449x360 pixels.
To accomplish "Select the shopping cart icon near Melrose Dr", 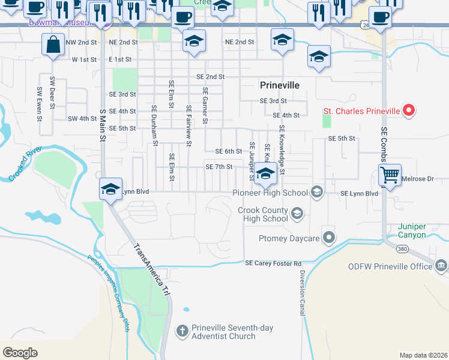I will click(x=390, y=175).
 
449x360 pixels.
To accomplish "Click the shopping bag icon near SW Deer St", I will click(x=53, y=44).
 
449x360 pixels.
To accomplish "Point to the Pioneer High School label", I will click(x=270, y=193).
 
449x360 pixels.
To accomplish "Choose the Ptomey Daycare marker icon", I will click(x=328, y=238).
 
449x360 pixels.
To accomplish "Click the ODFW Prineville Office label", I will click(x=390, y=266).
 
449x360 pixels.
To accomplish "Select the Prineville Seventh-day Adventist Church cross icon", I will click(x=182, y=331).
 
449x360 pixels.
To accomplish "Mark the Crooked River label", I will click(x=26, y=164).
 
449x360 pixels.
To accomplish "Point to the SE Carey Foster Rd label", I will click(x=273, y=263).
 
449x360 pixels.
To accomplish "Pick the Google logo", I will click(x=20, y=353).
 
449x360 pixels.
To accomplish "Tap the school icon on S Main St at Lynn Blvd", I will click(x=110, y=189).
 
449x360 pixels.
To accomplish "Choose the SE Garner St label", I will click(x=205, y=106).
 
